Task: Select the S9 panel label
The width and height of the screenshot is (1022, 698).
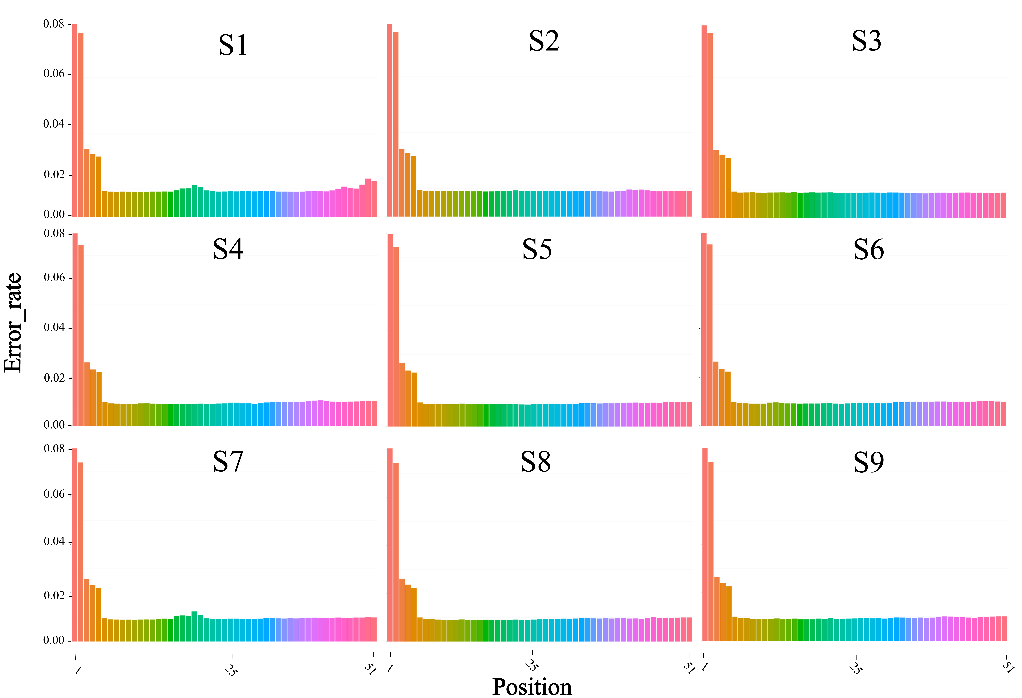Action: coord(869,462)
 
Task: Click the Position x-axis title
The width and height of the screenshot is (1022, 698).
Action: coord(532,687)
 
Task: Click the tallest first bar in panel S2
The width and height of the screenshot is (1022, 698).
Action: coord(390,120)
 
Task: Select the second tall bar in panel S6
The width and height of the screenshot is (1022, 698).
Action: coord(710,335)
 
